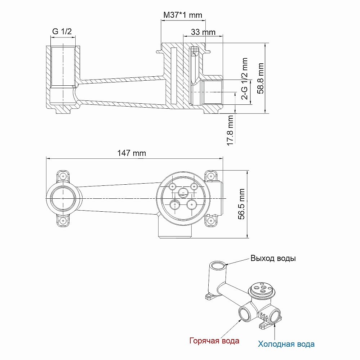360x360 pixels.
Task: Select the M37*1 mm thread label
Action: tap(183, 15)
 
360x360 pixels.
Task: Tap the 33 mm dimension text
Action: tap(203, 32)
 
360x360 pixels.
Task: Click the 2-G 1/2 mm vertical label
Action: tap(245, 78)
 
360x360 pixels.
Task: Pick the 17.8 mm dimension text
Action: tap(231, 130)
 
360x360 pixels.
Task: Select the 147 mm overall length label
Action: tap(132, 153)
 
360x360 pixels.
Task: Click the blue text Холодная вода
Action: tap(286, 344)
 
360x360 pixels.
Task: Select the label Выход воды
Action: tap(273, 258)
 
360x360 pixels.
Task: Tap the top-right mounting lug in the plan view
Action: tap(210, 176)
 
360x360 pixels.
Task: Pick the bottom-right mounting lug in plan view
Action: tap(210, 220)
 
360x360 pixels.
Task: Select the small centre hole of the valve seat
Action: tap(183, 193)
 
